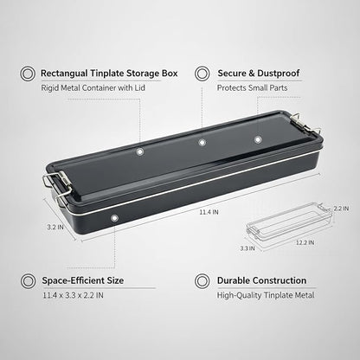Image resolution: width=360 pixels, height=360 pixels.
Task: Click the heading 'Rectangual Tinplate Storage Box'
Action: (109, 74)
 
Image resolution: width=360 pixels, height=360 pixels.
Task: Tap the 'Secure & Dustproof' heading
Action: (259, 74)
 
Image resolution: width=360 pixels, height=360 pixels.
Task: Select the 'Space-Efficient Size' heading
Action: (83, 280)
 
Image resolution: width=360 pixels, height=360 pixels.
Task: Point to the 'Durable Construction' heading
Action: (261, 280)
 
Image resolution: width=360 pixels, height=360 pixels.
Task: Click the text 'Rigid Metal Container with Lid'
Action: (93, 87)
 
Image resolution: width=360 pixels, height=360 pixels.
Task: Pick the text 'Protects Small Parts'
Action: (252, 87)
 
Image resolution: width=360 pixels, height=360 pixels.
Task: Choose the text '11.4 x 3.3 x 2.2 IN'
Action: (73, 295)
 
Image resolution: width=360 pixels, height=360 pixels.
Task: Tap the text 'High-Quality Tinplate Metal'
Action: (266, 295)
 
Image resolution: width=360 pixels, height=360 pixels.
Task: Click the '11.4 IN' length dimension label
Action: (209, 212)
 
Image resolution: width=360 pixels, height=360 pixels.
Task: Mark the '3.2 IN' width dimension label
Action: (55, 228)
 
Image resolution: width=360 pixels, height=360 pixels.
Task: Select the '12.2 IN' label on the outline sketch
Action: (305, 242)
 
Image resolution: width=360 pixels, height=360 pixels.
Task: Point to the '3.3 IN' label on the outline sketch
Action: (247, 248)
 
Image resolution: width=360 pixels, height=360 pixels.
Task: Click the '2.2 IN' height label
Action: (341, 209)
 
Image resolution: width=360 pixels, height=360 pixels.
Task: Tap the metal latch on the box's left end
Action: (57, 188)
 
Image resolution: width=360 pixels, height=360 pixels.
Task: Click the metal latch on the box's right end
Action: (306, 124)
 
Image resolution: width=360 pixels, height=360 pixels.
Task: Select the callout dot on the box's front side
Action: (114, 218)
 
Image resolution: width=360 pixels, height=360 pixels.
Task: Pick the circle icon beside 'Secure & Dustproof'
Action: (202, 74)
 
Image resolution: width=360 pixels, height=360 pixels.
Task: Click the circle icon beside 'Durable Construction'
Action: (202, 281)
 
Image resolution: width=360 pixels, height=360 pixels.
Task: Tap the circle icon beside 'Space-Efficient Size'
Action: (28, 281)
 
